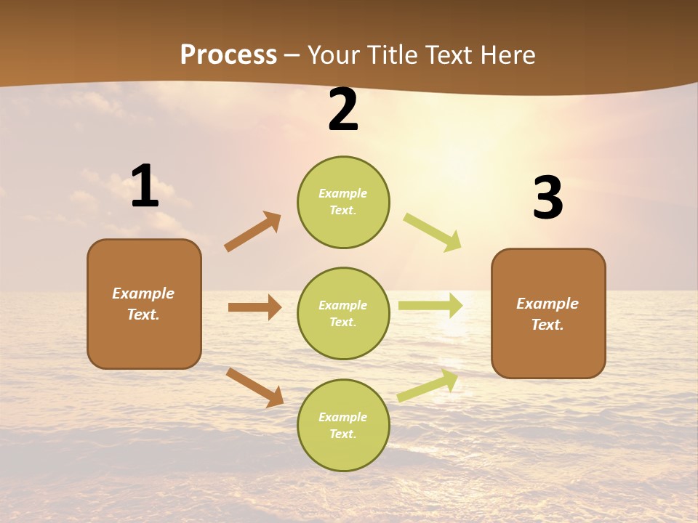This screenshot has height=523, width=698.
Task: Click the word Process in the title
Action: click(x=228, y=55)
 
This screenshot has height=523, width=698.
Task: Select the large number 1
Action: click(x=145, y=187)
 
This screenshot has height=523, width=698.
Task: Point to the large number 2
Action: click(x=343, y=110)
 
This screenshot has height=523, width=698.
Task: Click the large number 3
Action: click(x=547, y=198)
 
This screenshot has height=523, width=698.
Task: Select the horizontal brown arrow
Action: click(x=255, y=307)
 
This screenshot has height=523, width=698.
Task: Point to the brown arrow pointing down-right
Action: click(x=254, y=387)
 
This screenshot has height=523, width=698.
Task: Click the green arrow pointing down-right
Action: click(x=433, y=232)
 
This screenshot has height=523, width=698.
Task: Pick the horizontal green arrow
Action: click(x=430, y=305)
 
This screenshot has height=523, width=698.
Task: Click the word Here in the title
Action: click(x=507, y=55)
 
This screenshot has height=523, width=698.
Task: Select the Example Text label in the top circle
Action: click(x=343, y=202)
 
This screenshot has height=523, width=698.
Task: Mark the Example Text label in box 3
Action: click(x=548, y=314)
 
